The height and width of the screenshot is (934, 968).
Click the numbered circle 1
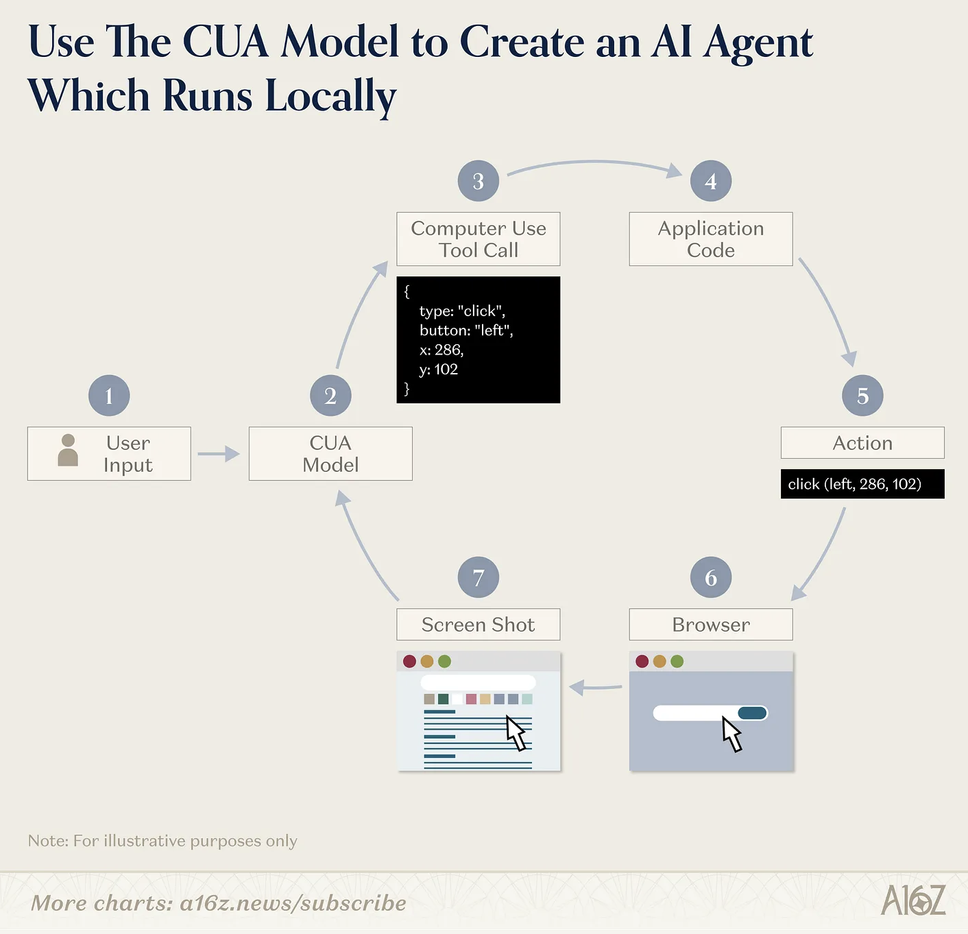pos(109,396)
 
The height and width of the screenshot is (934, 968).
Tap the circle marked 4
pos(711,181)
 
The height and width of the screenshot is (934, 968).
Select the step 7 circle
pos(479,577)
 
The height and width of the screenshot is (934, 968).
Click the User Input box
pos(109,454)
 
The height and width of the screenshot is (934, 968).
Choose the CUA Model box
pos(330,454)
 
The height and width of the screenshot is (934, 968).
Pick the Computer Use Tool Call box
pos(479,239)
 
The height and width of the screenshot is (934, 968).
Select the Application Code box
pos(711,239)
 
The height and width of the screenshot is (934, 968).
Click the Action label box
pos(862,443)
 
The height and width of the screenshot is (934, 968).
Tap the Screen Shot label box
pos(479,625)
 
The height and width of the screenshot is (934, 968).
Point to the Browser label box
pos(711,625)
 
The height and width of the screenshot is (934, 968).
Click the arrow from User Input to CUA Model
pos(218,454)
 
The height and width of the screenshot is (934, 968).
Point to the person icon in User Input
pos(68,451)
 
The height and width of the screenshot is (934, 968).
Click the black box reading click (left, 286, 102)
pos(862,484)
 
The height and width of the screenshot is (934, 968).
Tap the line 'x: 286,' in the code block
pos(442,350)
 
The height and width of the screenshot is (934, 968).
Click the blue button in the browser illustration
pos(752,713)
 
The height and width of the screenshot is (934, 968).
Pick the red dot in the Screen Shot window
pos(410,661)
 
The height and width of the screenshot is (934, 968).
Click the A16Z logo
pos(913,900)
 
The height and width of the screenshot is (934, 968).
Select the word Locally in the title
pos(330,96)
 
